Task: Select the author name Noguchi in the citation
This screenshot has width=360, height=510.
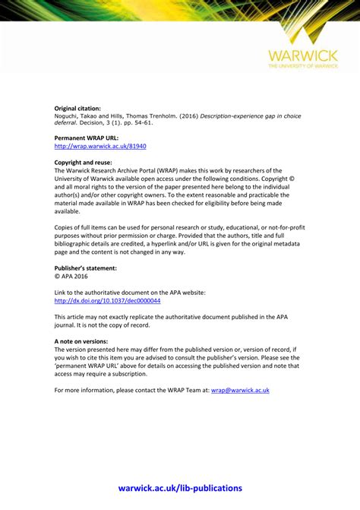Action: [67, 116]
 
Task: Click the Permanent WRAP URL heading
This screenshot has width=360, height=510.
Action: [87, 138]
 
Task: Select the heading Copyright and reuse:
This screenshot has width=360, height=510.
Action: [83, 163]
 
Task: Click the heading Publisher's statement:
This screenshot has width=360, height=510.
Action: [86, 268]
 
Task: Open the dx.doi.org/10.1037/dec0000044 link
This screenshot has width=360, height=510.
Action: [107, 300]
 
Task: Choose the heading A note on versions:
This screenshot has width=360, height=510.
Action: [81, 341]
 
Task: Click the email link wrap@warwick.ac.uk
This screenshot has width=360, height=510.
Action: [240, 390]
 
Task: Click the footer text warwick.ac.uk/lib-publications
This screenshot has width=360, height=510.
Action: [180, 488]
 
